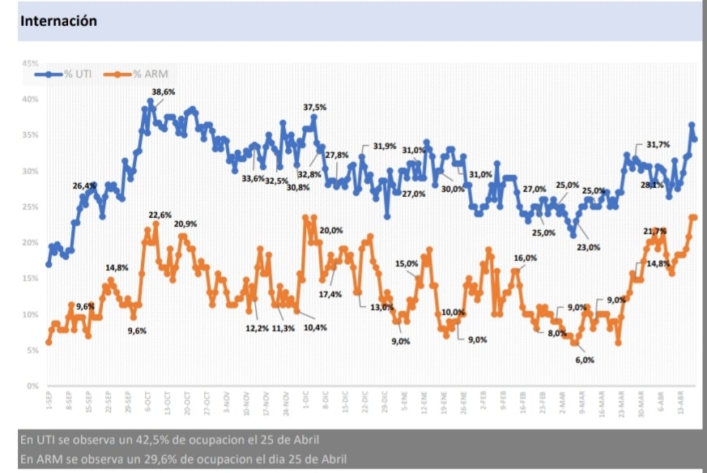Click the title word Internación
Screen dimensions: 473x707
[57, 21]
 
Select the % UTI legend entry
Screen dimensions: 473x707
[79, 75]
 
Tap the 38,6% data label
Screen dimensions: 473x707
[164, 92]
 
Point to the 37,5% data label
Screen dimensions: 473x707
[315, 107]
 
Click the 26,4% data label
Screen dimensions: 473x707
[84, 185]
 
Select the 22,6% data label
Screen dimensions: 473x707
[160, 215]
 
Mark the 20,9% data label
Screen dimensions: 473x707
[185, 224]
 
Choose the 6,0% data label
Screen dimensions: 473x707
[585, 360]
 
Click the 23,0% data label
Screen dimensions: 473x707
[588, 247]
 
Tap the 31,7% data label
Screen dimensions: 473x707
[658, 145]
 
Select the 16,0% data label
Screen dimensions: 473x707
[526, 258]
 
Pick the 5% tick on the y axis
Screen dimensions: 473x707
[32, 350]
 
